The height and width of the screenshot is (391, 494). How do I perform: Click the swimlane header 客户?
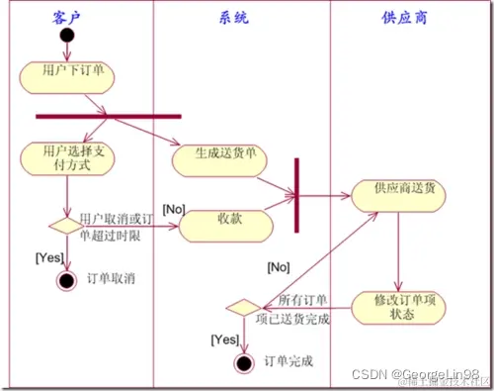(x=71, y=17)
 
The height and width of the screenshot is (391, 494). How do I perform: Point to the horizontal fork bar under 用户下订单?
(x=109, y=115)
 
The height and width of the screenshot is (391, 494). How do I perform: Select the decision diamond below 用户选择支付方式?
(x=66, y=226)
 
